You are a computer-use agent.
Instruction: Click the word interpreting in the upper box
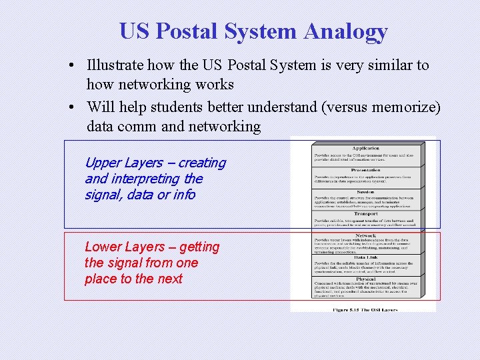click(x=147, y=179)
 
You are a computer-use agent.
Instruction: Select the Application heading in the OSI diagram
click(x=366, y=148)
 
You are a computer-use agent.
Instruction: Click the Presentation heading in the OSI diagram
click(x=366, y=170)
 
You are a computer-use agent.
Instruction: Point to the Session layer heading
click(x=366, y=192)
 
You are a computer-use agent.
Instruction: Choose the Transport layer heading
click(x=366, y=214)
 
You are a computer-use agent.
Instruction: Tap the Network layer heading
click(x=366, y=235)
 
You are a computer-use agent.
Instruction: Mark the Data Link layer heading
click(x=366, y=257)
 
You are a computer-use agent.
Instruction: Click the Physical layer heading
click(x=366, y=279)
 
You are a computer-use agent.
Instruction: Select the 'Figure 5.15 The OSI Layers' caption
click(x=365, y=309)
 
